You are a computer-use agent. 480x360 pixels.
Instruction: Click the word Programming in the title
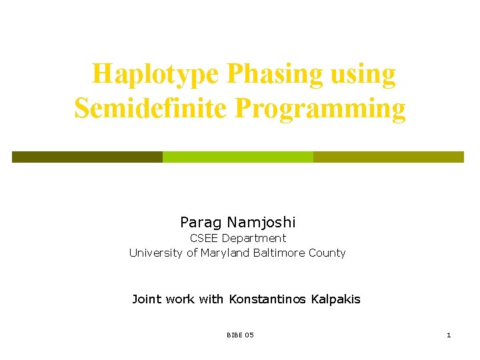pos(319,107)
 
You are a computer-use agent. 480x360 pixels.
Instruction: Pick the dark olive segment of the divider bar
pos(87,157)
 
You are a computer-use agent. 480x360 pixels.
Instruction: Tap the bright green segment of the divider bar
pos(238,157)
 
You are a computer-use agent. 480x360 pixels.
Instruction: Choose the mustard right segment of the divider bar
pos(389,157)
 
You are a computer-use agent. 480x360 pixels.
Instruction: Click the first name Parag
pos(201,222)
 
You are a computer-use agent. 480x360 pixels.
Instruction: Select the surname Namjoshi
pos(261,222)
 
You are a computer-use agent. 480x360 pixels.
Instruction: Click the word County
pos(327,253)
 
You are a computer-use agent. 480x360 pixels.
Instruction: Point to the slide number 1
pos(449,335)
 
